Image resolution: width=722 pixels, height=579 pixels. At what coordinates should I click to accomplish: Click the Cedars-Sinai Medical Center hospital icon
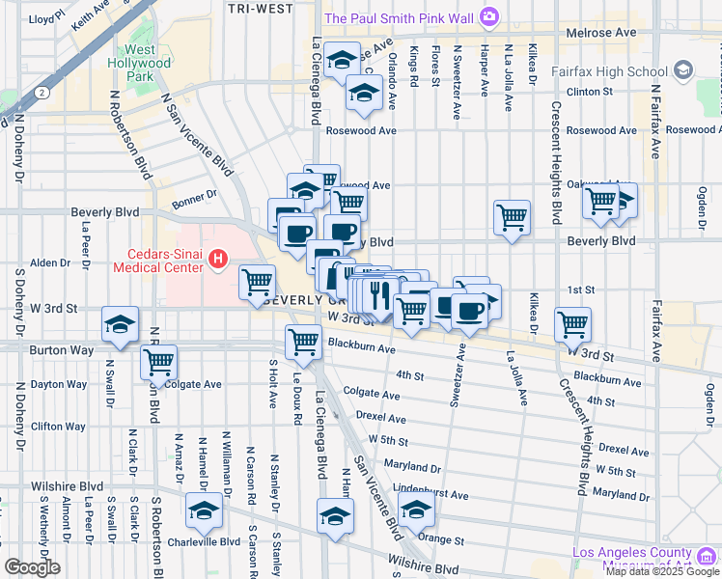(218, 259)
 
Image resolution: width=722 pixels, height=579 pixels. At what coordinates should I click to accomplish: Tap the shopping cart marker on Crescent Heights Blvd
(573, 325)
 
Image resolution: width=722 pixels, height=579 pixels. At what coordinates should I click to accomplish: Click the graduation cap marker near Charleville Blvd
(204, 511)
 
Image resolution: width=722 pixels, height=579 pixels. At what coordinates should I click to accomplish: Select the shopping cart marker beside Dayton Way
(158, 363)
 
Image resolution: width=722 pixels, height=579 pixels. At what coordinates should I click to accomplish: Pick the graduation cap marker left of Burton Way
(120, 325)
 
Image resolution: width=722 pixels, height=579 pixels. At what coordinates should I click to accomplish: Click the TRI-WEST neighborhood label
(261, 9)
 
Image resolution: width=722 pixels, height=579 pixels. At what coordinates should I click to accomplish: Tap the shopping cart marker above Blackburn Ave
(304, 343)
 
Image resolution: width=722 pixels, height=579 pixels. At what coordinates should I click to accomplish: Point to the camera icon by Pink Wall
(489, 16)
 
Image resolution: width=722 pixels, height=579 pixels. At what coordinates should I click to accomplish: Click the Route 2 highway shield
(43, 93)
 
